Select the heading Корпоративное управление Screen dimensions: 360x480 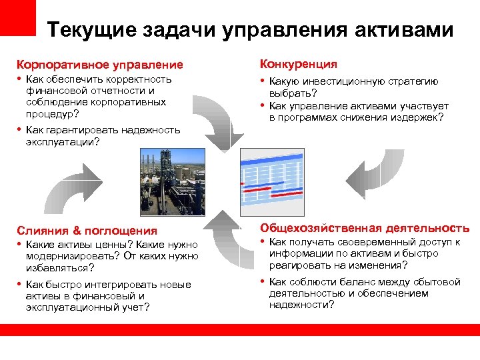click(x=99, y=65)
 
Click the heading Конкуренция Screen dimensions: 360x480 click(x=298, y=64)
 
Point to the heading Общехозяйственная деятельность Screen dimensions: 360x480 click(x=365, y=228)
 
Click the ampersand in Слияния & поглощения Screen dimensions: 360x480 click(x=77, y=231)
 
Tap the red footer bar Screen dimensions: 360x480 click(x=240, y=330)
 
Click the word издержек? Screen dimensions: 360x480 click(x=415, y=117)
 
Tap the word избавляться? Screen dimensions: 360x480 click(x=60, y=267)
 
